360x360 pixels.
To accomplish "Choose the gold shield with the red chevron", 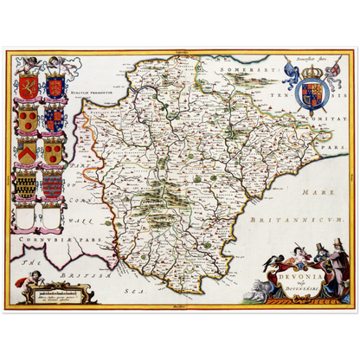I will click(29, 152).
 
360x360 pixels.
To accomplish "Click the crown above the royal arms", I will click(313, 68).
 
